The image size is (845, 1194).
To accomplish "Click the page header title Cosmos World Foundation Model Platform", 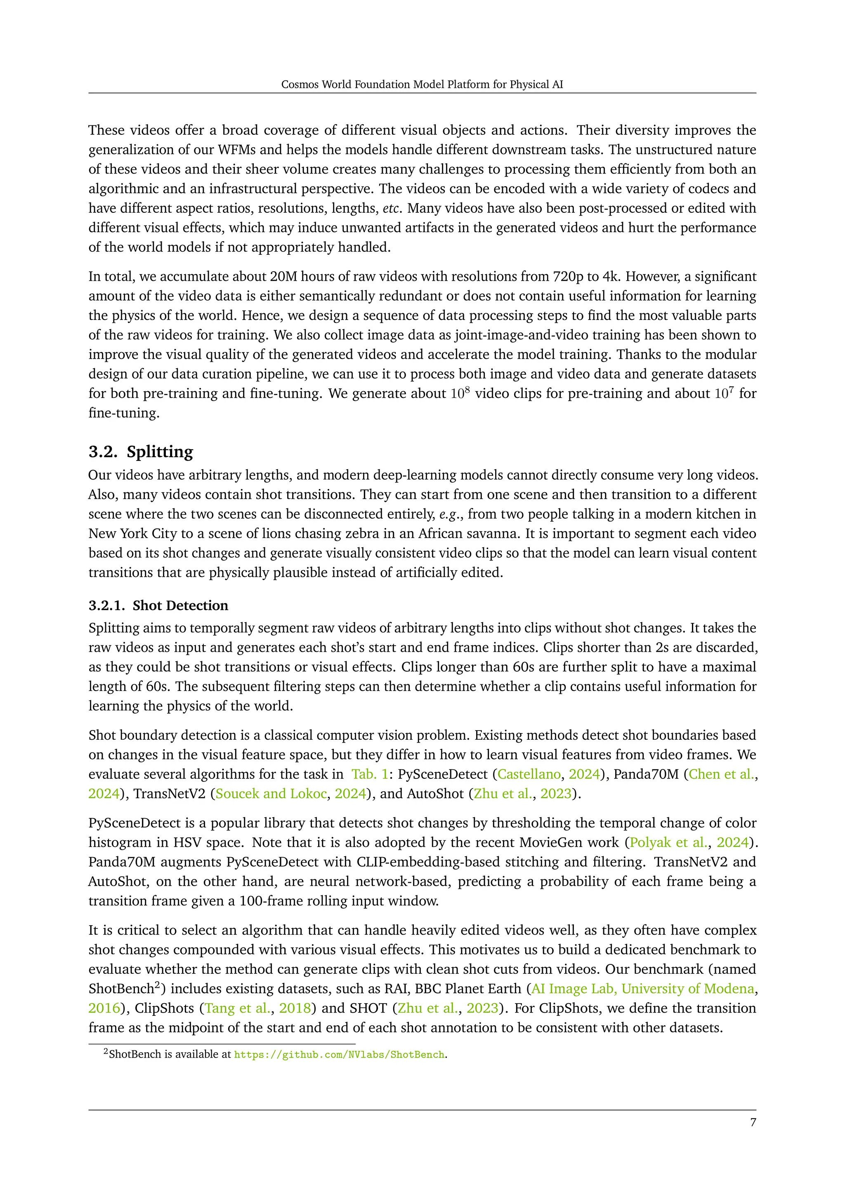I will (x=422, y=84).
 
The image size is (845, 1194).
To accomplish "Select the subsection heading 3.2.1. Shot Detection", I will (x=158, y=605).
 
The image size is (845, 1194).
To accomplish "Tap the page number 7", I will (x=753, y=1122).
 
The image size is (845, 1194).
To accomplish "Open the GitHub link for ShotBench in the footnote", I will (x=339, y=1055).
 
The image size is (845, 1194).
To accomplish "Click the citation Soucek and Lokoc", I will (x=271, y=794).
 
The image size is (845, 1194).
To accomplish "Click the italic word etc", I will (x=391, y=209).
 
